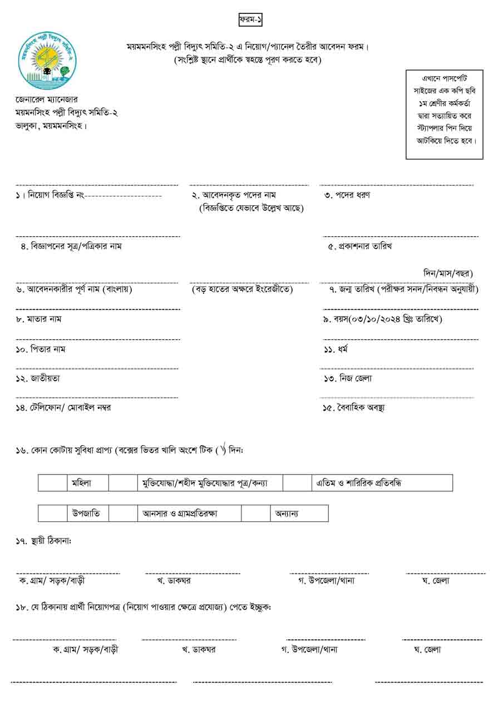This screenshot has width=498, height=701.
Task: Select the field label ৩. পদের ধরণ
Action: tap(347, 195)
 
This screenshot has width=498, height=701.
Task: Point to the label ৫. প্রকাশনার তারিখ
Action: tap(359, 246)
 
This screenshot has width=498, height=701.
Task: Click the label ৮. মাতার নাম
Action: tap(38, 319)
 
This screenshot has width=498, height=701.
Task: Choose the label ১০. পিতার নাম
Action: tap(41, 349)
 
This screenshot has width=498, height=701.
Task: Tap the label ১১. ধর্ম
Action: tap(336, 349)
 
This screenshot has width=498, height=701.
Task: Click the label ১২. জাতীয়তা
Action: tap(38, 378)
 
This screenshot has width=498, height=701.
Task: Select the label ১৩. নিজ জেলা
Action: tap(348, 378)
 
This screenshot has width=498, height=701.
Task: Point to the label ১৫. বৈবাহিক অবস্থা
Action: tap(354, 408)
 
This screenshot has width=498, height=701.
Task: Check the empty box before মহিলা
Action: tap(52, 483)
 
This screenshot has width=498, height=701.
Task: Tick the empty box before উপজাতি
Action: tap(52, 513)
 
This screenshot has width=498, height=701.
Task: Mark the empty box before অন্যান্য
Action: tap(255, 513)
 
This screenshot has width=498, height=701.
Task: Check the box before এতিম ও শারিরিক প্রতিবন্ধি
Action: tap(297, 483)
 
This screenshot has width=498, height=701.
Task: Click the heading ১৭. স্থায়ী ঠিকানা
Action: tap(44, 541)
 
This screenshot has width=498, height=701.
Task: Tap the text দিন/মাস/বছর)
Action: tap(448, 273)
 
